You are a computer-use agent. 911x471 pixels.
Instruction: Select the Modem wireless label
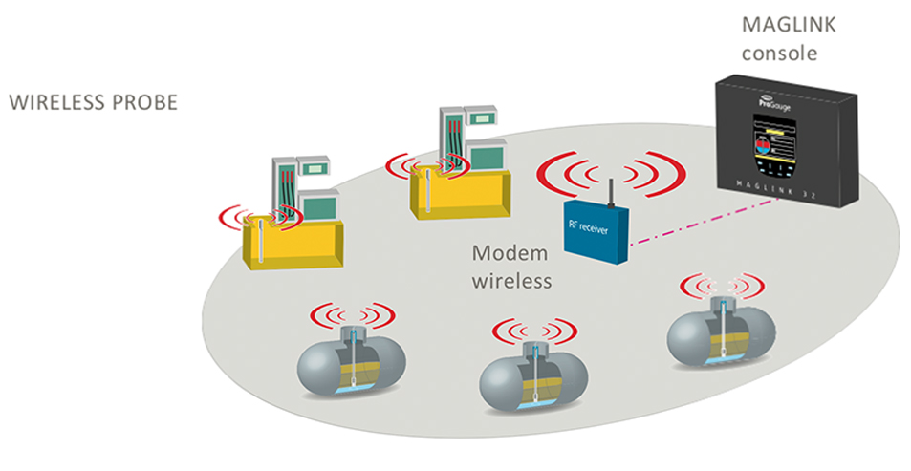(x=512, y=268)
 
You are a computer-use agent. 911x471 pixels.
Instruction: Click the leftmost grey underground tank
(x=351, y=368)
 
